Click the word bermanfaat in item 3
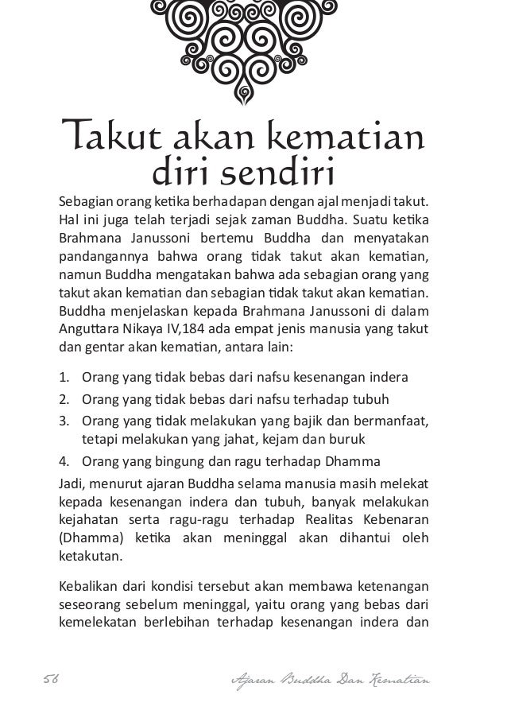click(391, 420)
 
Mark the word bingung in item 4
click(181, 462)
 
